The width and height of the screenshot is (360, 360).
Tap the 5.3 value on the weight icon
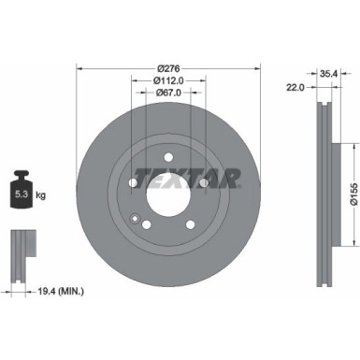click(22, 194)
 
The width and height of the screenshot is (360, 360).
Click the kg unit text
click(40, 194)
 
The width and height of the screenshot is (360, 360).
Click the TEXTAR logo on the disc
click(189, 178)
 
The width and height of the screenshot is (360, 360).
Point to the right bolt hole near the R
click(203, 181)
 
